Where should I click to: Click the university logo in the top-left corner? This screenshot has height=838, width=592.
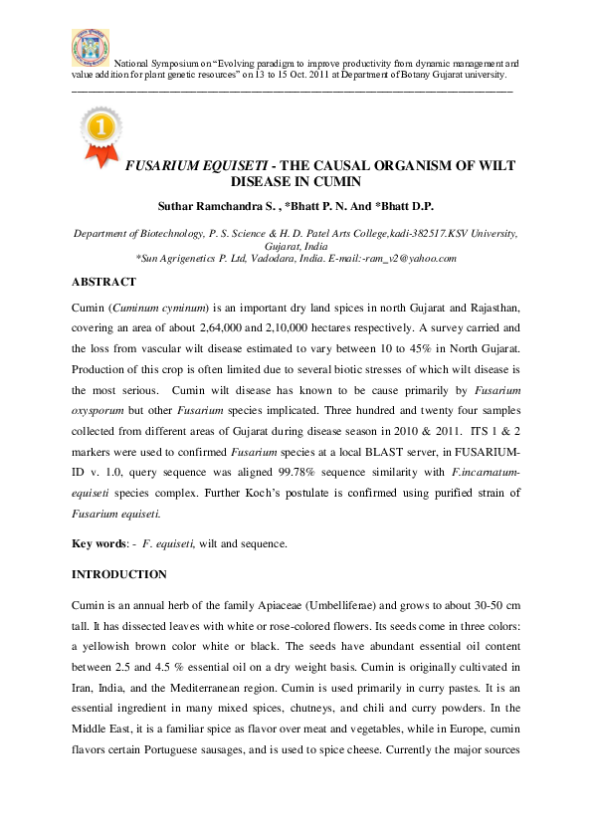click(x=90, y=47)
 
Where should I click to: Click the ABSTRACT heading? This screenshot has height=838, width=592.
click(x=103, y=282)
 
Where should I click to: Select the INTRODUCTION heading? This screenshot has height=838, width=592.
click(x=119, y=574)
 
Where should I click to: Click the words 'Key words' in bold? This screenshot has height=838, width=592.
click(x=99, y=543)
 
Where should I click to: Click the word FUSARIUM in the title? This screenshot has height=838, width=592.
click(x=158, y=165)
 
